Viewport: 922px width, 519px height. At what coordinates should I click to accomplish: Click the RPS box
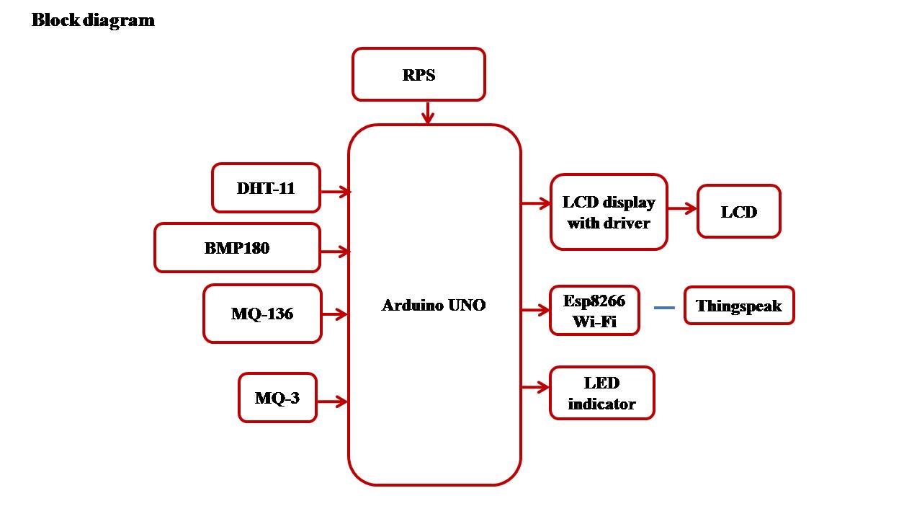coord(419,74)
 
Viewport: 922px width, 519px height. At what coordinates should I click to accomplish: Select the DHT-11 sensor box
coord(266,188)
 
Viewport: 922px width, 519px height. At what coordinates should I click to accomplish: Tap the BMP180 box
coord(237,247)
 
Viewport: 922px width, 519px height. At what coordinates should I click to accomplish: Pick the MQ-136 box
coord(262,314)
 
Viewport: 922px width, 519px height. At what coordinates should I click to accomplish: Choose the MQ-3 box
coord(277,397)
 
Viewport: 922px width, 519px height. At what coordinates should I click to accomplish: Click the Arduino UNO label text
coord(434,305)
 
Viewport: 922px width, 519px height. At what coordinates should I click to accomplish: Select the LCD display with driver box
coord(609,212)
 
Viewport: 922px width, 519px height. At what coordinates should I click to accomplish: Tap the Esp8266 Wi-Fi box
coord(594,311)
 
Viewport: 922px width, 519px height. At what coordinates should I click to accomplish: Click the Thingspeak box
coord(739,306)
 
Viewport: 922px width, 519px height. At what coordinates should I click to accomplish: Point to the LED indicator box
coord(601,393)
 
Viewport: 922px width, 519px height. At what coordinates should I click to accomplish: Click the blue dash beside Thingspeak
coord(664,308)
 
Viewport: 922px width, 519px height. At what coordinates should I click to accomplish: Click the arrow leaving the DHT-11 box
coord(336,192)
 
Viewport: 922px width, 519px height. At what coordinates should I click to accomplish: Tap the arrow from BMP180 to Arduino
coord(336,252)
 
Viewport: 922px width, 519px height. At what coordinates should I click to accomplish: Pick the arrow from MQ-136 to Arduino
coord(335,314)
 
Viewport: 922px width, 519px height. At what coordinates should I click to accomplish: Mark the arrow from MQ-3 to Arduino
coord(333,402)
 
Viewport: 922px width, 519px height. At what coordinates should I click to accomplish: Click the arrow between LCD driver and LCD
coord(682,208)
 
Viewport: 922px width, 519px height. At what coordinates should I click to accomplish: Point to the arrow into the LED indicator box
coord(535,387)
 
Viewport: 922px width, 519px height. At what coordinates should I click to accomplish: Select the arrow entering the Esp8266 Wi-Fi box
coord(535,310)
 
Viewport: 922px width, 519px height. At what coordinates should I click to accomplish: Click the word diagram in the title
coord(119,21)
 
